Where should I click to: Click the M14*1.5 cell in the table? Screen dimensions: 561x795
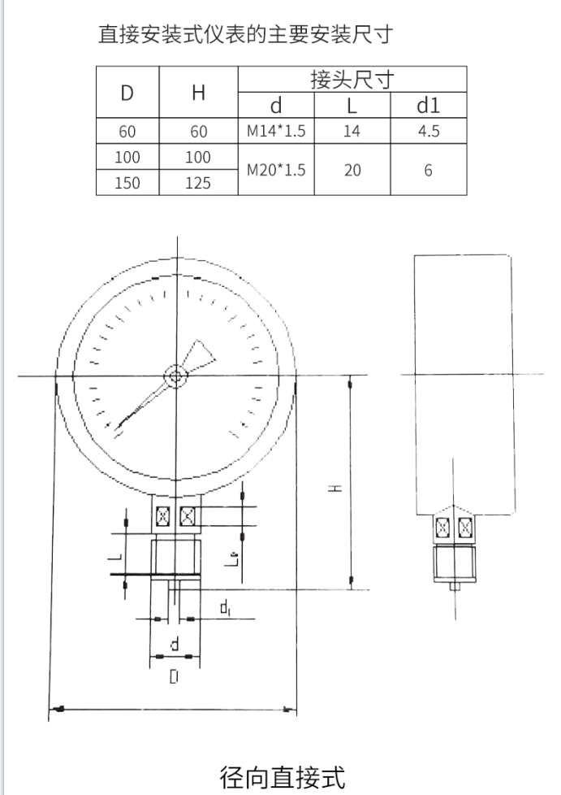pos(276,131)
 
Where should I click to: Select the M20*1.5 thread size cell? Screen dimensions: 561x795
pos(276,170)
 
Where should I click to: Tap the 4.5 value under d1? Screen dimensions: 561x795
pos(429,131)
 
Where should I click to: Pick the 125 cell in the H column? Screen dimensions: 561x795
pos(198,183)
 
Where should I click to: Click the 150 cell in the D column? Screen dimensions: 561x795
pos(127,183)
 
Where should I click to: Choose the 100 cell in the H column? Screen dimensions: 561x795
pos(198,157)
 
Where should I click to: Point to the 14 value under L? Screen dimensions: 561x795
pos(352,131)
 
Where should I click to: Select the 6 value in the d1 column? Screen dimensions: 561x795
pos(429,170)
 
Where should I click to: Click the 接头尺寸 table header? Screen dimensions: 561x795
pos(352,80)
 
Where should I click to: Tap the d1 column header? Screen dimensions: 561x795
pos(429,105)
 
